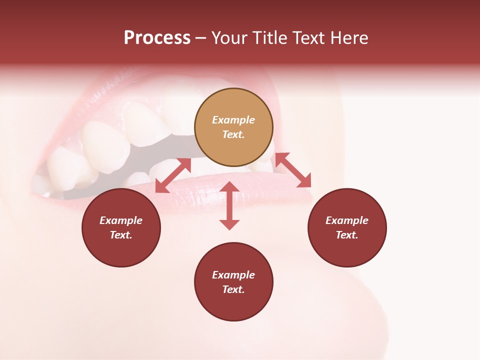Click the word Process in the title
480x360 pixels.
point(157,38)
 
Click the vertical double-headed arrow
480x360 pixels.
point(229,205)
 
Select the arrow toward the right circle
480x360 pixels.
point(293,170)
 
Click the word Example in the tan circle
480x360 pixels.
point(233,120)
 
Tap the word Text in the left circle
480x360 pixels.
point(121,235)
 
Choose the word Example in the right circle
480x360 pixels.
point(347,220)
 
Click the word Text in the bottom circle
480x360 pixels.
point(233,289)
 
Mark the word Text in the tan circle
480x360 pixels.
point(233,134)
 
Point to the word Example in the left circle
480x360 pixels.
point(121,220)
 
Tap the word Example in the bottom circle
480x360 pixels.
point(233,275)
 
